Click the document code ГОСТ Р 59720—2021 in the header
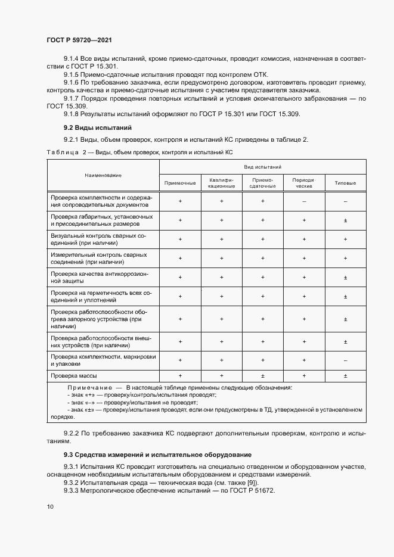79,40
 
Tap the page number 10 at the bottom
49,506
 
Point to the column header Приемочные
180,183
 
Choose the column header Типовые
346,183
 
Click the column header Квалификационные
221,183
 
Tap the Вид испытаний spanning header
262,167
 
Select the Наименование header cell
103,176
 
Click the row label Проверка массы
74,376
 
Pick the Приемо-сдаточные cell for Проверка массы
262,376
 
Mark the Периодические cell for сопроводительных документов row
304,202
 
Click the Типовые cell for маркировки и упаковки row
346,360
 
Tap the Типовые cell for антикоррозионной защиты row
346,278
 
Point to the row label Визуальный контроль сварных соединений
102,239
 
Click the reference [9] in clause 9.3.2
244,482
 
